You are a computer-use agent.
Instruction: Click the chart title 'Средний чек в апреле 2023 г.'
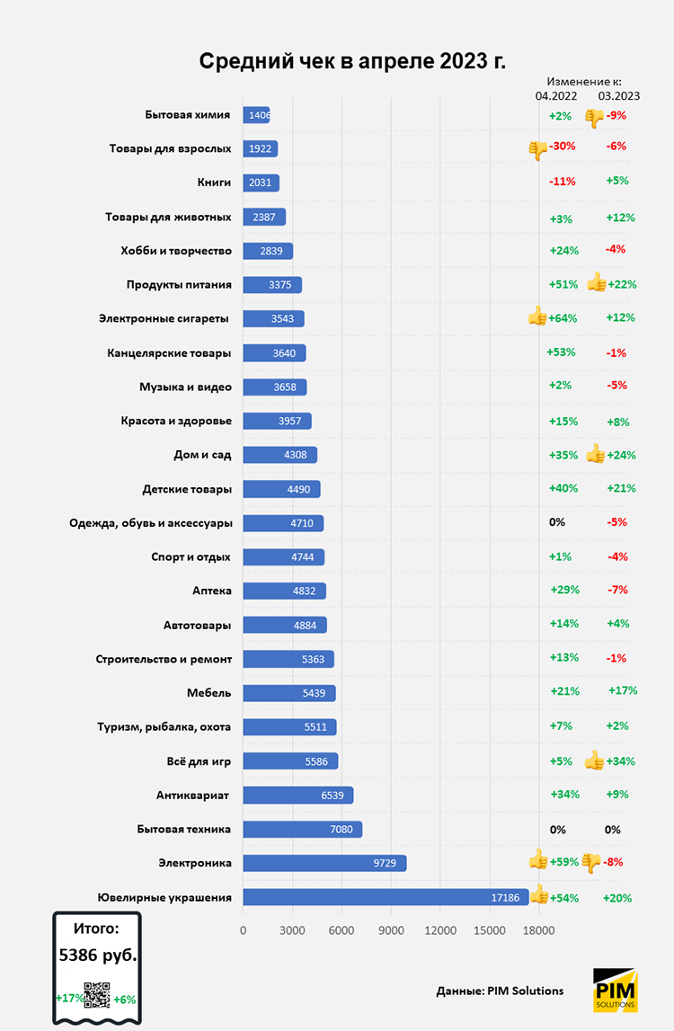[x=351, y=61]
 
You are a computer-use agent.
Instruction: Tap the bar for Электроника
[x=324, y=863]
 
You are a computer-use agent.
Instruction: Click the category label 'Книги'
[x=214, y=182]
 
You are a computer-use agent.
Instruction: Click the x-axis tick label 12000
[x=439, y=930]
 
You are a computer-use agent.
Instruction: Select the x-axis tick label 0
[x=243, y=930]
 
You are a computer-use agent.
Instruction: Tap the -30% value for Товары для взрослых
[x=563, y=147]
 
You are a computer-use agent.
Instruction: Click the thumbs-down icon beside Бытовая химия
[x=593, y=117]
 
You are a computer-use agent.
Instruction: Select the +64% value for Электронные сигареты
[x=563, y=318]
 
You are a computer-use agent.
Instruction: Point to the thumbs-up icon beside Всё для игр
[x=594, y=760]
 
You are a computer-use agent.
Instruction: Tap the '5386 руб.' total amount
[x=98, y=955]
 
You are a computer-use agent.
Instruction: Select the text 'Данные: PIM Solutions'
[x=500, y=991]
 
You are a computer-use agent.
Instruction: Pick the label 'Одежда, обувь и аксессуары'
[x=151, y=523]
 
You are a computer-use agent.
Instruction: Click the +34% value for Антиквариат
[x=564, y=795]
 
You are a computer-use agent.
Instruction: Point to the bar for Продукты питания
[x=271, y=285]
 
